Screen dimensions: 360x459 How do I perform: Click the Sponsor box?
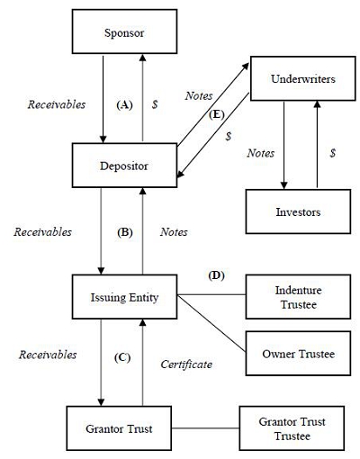point(124,31)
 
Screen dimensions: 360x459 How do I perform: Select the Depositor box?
point(124,166)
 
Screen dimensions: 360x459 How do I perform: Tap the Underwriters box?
point(303,78)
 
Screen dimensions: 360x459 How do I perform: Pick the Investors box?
point(298,211)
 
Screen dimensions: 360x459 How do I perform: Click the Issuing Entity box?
point(124,297)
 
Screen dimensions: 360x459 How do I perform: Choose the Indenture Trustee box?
point(298,297)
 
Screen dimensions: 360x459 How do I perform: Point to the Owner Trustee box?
point(298,354)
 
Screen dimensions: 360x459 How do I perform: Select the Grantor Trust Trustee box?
point(292,428)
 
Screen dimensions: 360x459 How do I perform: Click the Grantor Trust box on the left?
point(119,428)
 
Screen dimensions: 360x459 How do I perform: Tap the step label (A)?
point(124,104)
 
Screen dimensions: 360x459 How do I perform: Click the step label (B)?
point(124,232)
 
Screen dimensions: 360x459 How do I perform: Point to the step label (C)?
point(122,357)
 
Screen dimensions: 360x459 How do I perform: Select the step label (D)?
point(216,275)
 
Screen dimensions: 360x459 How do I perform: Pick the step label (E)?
point(217,114)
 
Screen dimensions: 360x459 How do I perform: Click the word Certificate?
point(186,364)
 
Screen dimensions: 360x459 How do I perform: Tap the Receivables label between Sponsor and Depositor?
point(57,104)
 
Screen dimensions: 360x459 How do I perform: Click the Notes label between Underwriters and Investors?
point(261,153)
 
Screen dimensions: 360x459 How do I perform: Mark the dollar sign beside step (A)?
point(155,104)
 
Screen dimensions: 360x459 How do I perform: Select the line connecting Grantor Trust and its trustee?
point(205,428)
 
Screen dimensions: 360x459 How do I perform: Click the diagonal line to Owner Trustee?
point(211,323)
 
